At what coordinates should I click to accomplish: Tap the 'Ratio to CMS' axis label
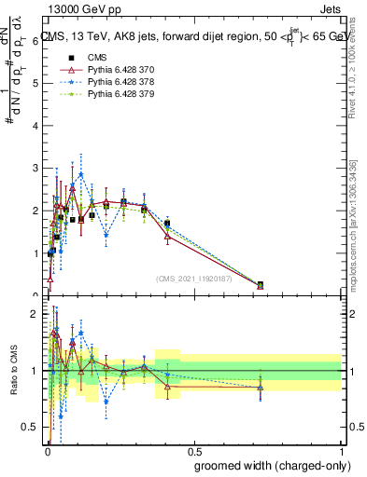pos(16,371)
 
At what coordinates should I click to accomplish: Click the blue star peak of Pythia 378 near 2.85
pos(81,174)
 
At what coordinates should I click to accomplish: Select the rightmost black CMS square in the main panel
pos(261,284)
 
